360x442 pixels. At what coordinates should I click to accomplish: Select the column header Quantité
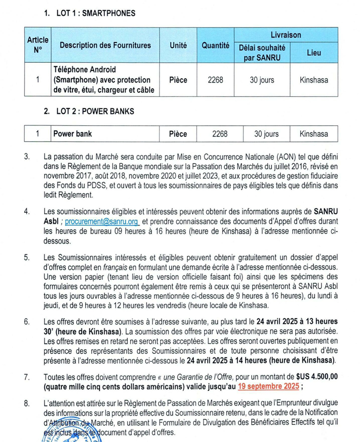pyautogui.click(x=215, y=46)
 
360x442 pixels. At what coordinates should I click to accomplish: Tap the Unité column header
pyautogui.click(x=178, y=46)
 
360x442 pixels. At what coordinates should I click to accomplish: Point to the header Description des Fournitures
pyautogui.click(x=105, y=46)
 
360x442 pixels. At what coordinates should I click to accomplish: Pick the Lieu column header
pyautogui.click(x=313, y=52)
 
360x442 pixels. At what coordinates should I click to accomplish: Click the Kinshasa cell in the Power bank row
pyautogui.click(x=313, y=134)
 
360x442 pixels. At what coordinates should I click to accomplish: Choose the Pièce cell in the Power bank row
pyautogui.click(x=178, y=134)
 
